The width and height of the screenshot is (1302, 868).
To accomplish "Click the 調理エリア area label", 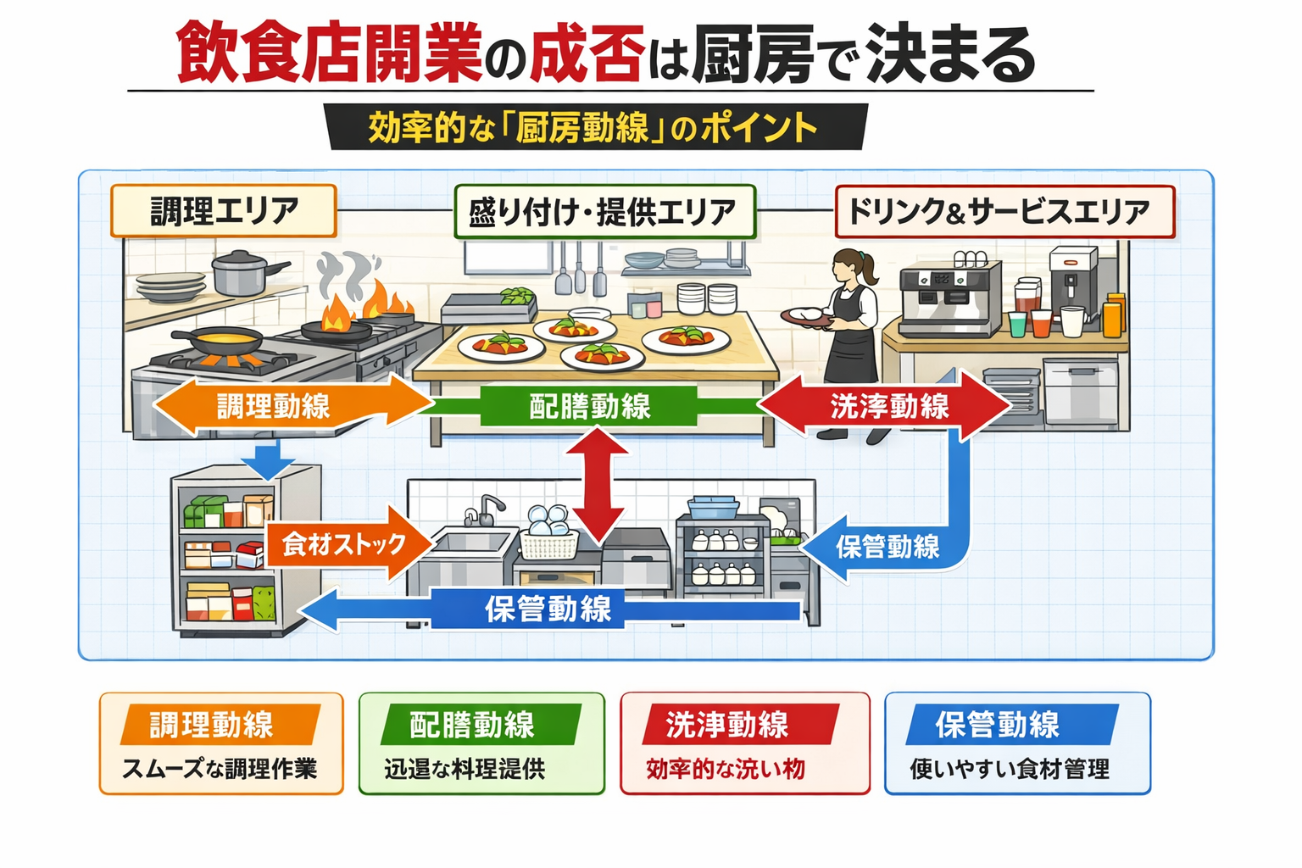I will pyautogui.click(x=224, y=211).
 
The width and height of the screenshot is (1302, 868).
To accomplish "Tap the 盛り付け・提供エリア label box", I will pyautogui.click(x=604, y=211).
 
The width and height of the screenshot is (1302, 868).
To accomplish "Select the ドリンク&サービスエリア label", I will pyautogui.click(x=1004, y=211).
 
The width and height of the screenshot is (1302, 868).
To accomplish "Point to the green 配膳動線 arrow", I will pyautogui.click(x=589, y=406).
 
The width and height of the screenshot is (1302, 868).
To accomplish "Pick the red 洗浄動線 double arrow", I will pyautogui.click(x=887, y=406).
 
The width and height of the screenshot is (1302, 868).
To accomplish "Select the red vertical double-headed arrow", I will pyautogui.click(x=598, y=485).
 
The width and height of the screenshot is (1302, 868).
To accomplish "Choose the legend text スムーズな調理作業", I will pyautogui.click(x=220, y=769).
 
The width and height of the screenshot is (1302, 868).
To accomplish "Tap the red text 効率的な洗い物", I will pyautogui.click(x=726, y=769).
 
